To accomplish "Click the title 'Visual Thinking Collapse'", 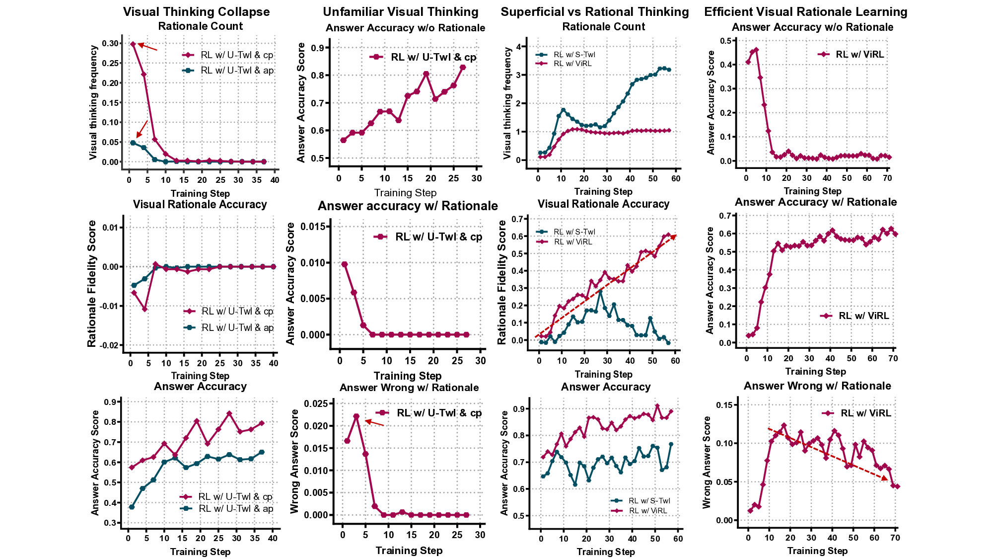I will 196,12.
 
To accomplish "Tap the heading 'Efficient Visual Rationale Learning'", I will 805,12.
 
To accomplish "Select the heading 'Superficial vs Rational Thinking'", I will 594,12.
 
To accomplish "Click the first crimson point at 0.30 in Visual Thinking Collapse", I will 133,44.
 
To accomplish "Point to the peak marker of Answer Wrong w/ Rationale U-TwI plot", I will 356,416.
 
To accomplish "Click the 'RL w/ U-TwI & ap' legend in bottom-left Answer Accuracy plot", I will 235,508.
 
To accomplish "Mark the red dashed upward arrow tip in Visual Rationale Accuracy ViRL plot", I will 675,236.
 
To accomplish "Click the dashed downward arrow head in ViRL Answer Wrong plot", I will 886,479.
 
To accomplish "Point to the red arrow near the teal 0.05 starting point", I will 142,129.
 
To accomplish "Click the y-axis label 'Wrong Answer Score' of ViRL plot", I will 707,462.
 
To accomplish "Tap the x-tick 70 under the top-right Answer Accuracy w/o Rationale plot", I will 888,178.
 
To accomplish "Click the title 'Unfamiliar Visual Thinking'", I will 400,12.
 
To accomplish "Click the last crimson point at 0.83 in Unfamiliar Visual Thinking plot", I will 462,67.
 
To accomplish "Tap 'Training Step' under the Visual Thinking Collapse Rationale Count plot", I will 200,193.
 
